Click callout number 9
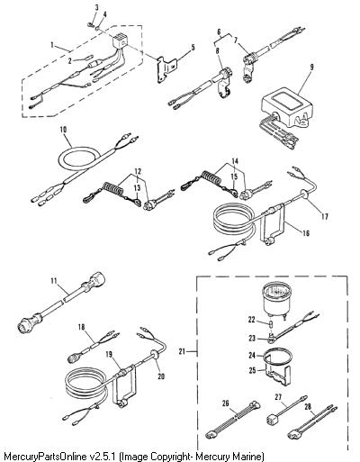(311, 67)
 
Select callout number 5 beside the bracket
(193, 48)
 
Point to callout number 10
(63, 130)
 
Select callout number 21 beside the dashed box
(182, 351)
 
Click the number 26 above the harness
(225, 403)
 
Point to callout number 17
(325, 216)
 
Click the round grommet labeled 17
(303, 195)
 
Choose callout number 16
(306, 233)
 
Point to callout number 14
(235, 161)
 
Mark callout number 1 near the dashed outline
(52, 46)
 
